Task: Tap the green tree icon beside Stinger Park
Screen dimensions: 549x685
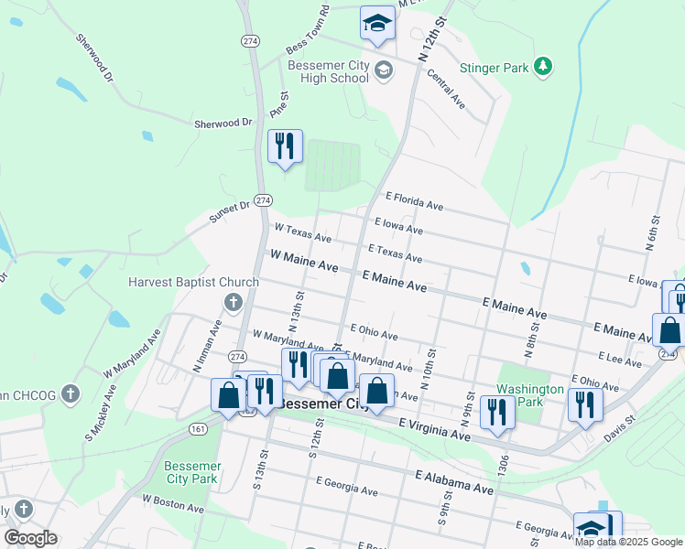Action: click(x=543, y=65)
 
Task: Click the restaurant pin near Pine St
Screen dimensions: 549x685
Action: click(x=285, y=145)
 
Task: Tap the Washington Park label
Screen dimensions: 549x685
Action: click(x=530, y=395)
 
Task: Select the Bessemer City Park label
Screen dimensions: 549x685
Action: click(x=192, y=471)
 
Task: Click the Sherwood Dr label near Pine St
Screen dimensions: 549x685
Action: click(x=223, y=123)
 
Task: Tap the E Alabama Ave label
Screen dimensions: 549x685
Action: click(x=454, y=482)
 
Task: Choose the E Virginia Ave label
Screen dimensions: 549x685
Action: click(x=435, y=430)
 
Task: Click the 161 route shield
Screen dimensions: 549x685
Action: click(x=198, y=428)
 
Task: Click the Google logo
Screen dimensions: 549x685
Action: click(x=30, y=538)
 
